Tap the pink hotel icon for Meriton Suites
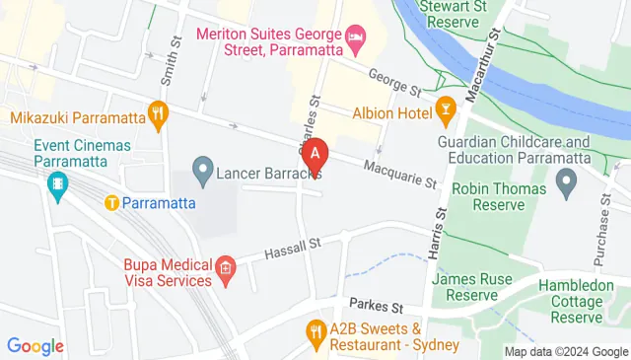[356, 40]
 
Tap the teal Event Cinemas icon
[58, 182]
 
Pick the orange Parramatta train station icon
[111, 203]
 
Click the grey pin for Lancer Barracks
[202, 174]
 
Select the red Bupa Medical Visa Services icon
[225, 267]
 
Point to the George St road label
[394, 82]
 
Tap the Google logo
[35, 346]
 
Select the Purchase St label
[600, 237]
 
